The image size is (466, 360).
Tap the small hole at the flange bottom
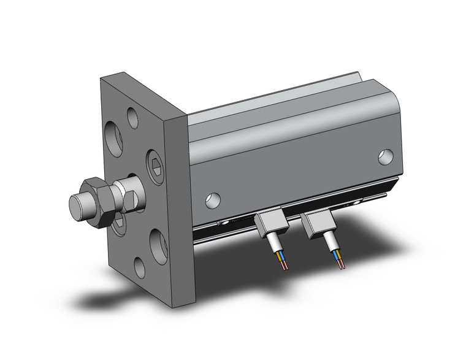[140, 267]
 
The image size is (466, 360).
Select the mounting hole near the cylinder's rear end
[385, 156]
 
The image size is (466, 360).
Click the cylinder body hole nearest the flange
[212, 199]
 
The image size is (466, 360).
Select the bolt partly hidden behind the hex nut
[120, 222]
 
